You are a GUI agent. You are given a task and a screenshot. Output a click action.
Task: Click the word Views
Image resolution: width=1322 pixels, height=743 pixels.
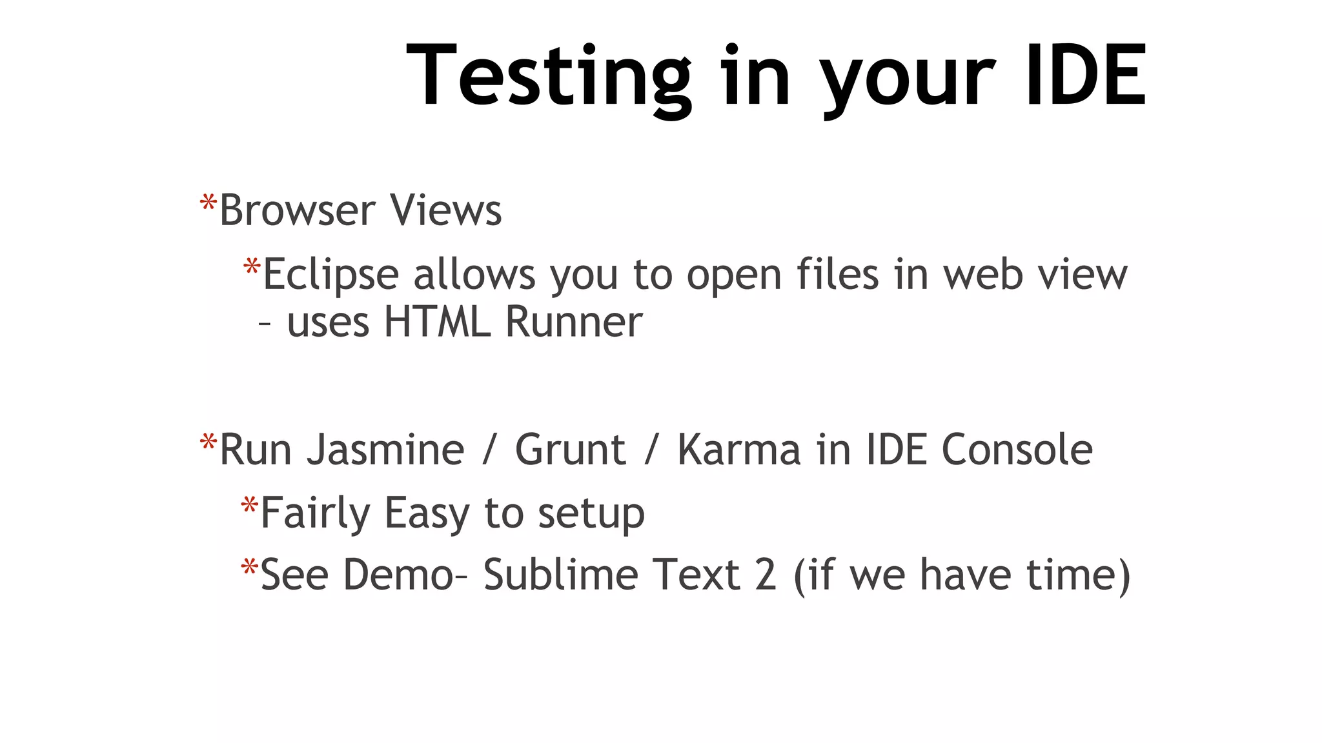445,210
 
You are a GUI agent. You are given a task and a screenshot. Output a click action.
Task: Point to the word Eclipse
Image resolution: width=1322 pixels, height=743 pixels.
331,275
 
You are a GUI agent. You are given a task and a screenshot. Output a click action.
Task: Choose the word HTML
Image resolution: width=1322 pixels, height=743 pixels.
437,322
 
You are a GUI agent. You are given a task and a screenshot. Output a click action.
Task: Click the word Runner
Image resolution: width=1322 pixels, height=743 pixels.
574,322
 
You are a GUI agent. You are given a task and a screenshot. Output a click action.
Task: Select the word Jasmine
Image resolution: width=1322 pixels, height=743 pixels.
385,450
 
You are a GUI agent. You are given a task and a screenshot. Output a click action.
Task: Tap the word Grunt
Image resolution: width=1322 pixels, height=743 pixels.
570,450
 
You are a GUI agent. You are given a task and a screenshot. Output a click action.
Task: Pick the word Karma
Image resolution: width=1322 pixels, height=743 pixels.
738,450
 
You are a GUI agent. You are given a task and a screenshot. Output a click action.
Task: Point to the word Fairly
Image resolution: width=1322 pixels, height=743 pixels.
315,514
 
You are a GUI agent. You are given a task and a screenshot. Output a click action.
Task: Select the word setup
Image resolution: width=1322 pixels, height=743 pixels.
591,514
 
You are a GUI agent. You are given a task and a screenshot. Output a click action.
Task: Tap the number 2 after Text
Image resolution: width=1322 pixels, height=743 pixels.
765,575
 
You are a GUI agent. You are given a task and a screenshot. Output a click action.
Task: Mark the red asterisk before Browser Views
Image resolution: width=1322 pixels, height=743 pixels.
208,204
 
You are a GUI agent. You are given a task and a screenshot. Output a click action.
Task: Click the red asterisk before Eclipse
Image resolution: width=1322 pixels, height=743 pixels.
251,267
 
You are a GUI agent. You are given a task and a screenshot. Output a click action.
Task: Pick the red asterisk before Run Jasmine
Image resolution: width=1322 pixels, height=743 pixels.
208,442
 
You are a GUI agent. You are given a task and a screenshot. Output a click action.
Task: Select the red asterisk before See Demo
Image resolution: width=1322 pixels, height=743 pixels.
249,568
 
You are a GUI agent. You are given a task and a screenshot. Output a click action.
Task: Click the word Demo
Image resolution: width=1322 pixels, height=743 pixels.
398,575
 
